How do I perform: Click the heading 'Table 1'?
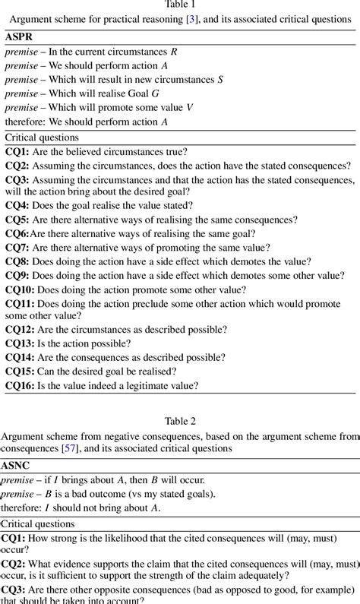click(180, 5)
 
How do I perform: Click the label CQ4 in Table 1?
click(17, 204)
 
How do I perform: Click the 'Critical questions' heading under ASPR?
click(42, 138)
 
